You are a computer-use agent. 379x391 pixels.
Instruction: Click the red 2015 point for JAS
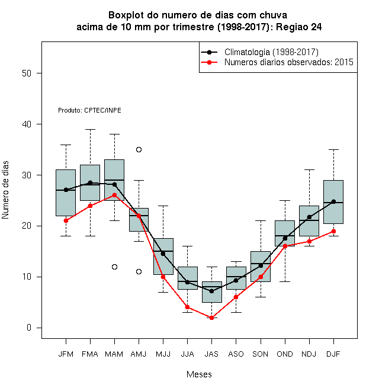pos(211,318)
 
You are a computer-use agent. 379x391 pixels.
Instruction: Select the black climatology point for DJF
pos(333,201)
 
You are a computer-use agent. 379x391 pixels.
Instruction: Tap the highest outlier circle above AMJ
pos(139,150)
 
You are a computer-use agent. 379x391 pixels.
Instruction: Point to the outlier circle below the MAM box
pos(114,267)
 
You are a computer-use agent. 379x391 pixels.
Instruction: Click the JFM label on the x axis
pos(66,354)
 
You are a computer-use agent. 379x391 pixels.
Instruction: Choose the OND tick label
pos(285,354)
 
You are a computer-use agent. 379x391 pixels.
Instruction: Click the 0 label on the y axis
pos(29,328)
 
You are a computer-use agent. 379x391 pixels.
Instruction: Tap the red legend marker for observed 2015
pos(209,62)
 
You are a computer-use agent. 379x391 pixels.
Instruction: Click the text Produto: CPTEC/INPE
pos(89,110)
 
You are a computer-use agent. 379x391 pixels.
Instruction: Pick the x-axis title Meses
pos(199,374)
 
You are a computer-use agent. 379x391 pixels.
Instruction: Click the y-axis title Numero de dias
pos(5,190)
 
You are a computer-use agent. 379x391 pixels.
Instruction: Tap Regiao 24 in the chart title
pos(298,27)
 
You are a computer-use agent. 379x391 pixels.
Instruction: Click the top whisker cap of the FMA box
pos(90,129)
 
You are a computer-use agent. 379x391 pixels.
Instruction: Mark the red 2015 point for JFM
pos(66,221)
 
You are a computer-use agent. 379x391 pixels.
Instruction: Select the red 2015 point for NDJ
pos(309,241)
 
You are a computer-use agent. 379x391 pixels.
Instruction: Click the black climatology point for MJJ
pos(163,254)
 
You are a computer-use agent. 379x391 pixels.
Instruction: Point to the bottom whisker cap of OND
pos(285,281)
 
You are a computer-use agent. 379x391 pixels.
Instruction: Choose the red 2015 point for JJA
pos(187,307)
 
